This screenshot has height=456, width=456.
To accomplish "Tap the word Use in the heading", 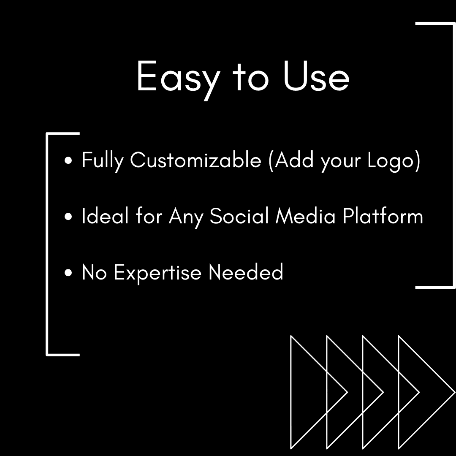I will (316, 77).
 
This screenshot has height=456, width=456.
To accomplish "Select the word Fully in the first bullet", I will (103, 161).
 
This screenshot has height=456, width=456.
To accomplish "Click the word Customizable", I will (195, 160).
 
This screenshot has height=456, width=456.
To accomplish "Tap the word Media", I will (306, 216).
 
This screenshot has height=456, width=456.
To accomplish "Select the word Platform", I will (383, 216).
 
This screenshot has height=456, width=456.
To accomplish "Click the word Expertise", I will (158, 272).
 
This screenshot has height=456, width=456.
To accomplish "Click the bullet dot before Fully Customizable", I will (69, 161).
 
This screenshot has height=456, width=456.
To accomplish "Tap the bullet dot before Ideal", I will (69, 217).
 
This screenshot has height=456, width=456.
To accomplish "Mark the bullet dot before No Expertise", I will (69, 273).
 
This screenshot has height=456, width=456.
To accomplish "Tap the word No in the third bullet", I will (94, 272).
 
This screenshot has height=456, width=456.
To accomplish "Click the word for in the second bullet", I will (149, 216).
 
